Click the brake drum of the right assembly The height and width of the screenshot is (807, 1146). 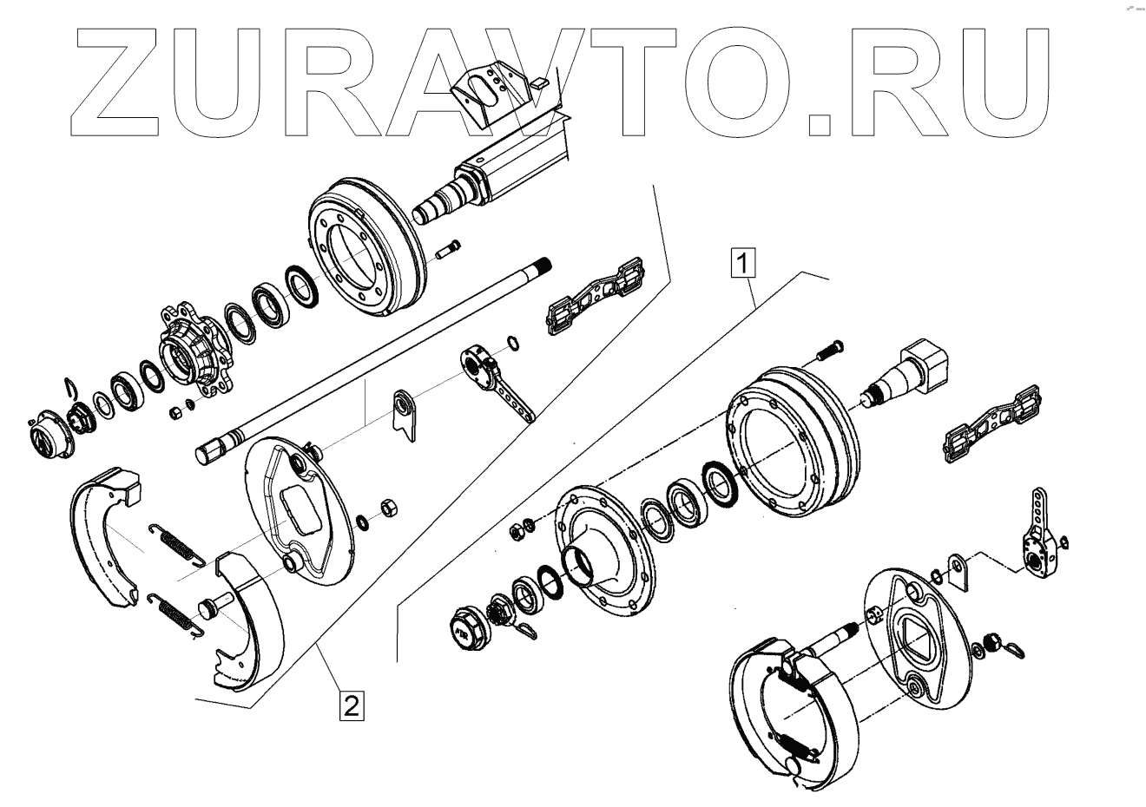pyautogui.click(x=790, y=443)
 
